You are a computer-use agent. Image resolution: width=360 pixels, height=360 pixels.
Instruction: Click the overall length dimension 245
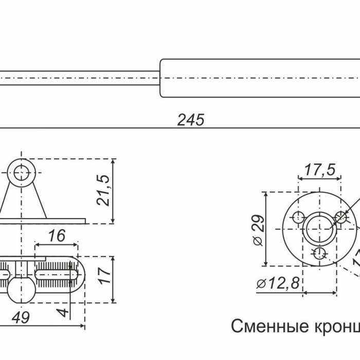tap(191, 120)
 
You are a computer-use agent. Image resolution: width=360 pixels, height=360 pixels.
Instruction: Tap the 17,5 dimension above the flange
tap(319, 170)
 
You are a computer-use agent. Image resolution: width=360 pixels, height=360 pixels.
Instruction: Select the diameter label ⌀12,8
tap(278, 284)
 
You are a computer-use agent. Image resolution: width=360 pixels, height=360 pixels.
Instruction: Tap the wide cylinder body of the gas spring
tap(257, 78)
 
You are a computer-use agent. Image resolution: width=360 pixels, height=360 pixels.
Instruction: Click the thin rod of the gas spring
tap(77, 78)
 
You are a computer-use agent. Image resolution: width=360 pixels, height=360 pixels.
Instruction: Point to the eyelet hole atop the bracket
tap(21, 172)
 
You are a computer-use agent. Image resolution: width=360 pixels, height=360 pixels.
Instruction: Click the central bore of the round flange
tap(319, 229)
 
